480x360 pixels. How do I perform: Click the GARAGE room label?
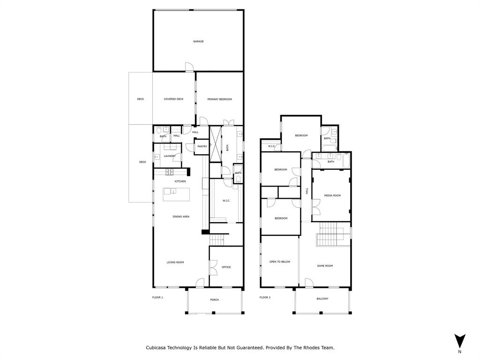[198, 42]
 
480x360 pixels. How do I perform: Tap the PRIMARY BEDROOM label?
[219, 99]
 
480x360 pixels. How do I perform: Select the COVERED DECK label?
[173, 99]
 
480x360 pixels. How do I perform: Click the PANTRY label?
[202, 147]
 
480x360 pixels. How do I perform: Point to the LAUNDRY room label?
[170, 156]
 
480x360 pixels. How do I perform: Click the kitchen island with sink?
[176, 194]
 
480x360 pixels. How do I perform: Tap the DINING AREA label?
[181, 217]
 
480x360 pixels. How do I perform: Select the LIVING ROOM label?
[175, 262]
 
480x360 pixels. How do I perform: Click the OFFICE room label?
[226, 267]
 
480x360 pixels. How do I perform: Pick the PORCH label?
[214, 300]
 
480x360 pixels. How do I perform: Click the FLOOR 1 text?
[157, 297]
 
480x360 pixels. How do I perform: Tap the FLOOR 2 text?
[265, 297]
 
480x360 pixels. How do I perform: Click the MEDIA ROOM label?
[332, 195]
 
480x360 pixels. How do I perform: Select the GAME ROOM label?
[325, 266]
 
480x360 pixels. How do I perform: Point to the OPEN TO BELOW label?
[280, 262]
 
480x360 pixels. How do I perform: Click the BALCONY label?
[322, 299]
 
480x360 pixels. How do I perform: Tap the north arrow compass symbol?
[460, 341]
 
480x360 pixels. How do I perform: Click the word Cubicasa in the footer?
[158, 348]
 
